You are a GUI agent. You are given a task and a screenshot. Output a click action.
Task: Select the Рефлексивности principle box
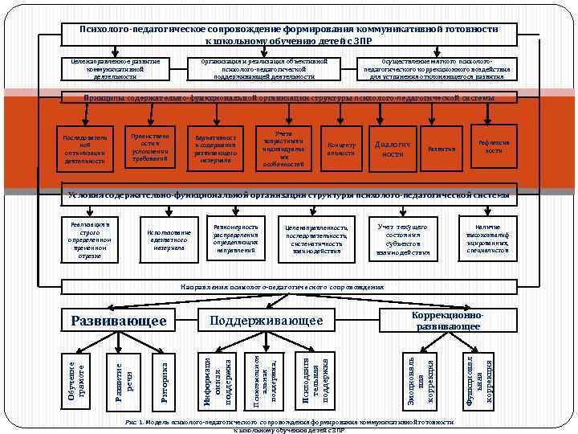pyautogui.click(x=493, y=146)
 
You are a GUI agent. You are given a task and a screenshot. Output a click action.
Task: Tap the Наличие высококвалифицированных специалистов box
pyautogui.click(x=487, y=239)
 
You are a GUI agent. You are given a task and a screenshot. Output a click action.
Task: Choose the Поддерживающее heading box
pyautogui.click(x=266, y=321)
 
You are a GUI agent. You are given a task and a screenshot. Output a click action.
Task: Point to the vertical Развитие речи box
pyautogui.click(x=120, y=375)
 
